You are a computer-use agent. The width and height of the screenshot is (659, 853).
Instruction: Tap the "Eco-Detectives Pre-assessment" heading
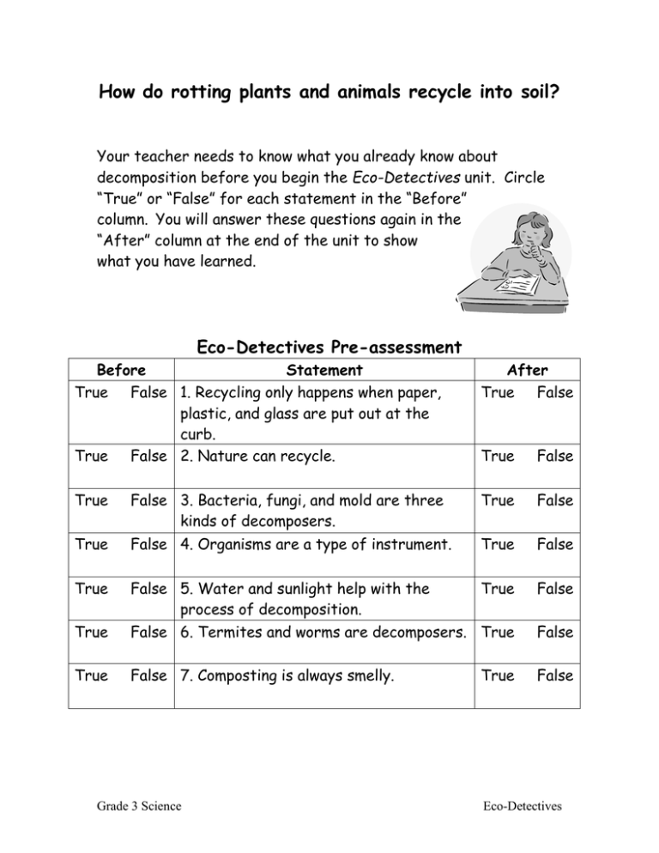pos(329,348)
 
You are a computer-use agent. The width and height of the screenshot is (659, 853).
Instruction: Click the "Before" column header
pos(120,371)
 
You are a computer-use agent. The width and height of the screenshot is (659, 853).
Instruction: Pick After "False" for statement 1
pos(554,392)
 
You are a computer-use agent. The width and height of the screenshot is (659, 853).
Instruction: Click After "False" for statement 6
pos(554,632)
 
